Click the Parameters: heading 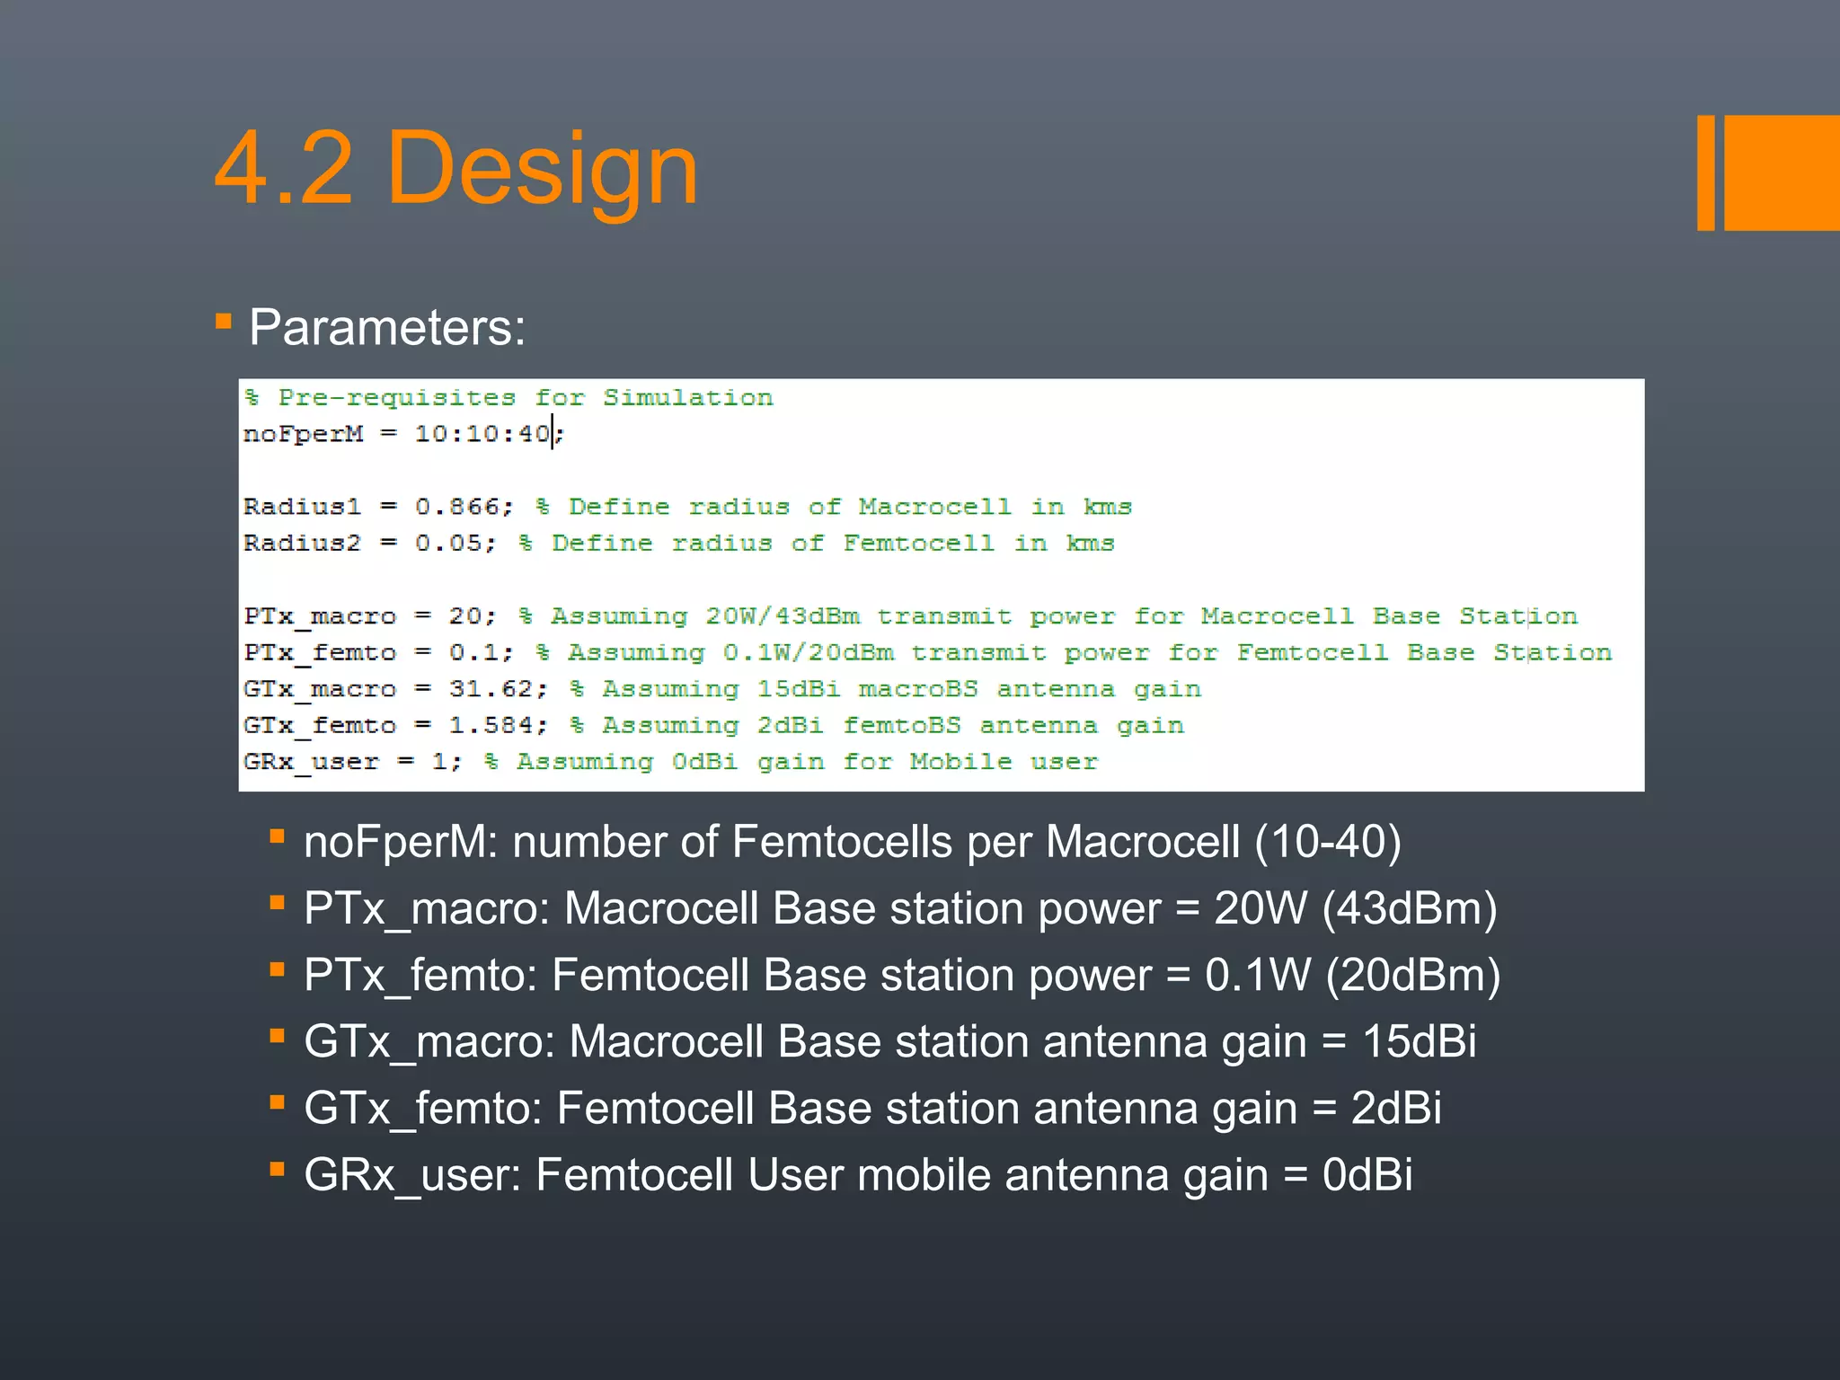click(387, 327)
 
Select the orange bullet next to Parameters click(224, 321)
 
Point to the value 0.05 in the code click(447, 544)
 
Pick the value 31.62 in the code click(491, 689)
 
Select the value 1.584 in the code click(491, 725)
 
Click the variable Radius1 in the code click(302, 507)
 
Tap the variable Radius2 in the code click(302, 544)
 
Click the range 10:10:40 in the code click(482, 434)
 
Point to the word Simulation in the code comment click(687, 398)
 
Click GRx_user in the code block click(311, 763)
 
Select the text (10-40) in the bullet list click(1328, 843)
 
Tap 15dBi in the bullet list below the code click(1419, 1042)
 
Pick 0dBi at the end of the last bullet click(1367, 1175)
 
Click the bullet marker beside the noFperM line click(278, 837)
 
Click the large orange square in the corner click(1782, 172)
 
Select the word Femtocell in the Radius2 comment click(918, 544)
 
